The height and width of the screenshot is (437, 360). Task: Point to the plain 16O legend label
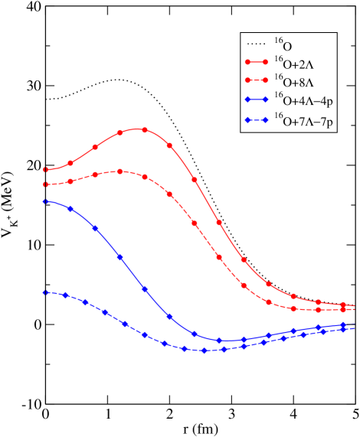tap(283, 45)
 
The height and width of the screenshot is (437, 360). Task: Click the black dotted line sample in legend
tap(255, 43)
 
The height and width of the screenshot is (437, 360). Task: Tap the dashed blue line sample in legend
tap(255, 120)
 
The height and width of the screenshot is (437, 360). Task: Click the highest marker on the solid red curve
tap(145, 129)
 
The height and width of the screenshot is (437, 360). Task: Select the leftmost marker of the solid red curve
tap(46, 170)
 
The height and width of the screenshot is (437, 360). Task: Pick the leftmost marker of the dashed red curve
tap(46, 184)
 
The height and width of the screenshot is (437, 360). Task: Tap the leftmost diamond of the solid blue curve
tap(46, 201)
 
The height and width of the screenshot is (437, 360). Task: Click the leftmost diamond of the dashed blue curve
tap(46, 292)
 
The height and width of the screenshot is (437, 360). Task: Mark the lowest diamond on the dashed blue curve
tap(205, 351)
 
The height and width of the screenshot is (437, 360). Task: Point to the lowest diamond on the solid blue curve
tap(219, 340)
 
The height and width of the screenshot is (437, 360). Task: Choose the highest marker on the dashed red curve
tap(120, 171)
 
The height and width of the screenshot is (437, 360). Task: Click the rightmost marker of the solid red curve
tap(343, 305)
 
